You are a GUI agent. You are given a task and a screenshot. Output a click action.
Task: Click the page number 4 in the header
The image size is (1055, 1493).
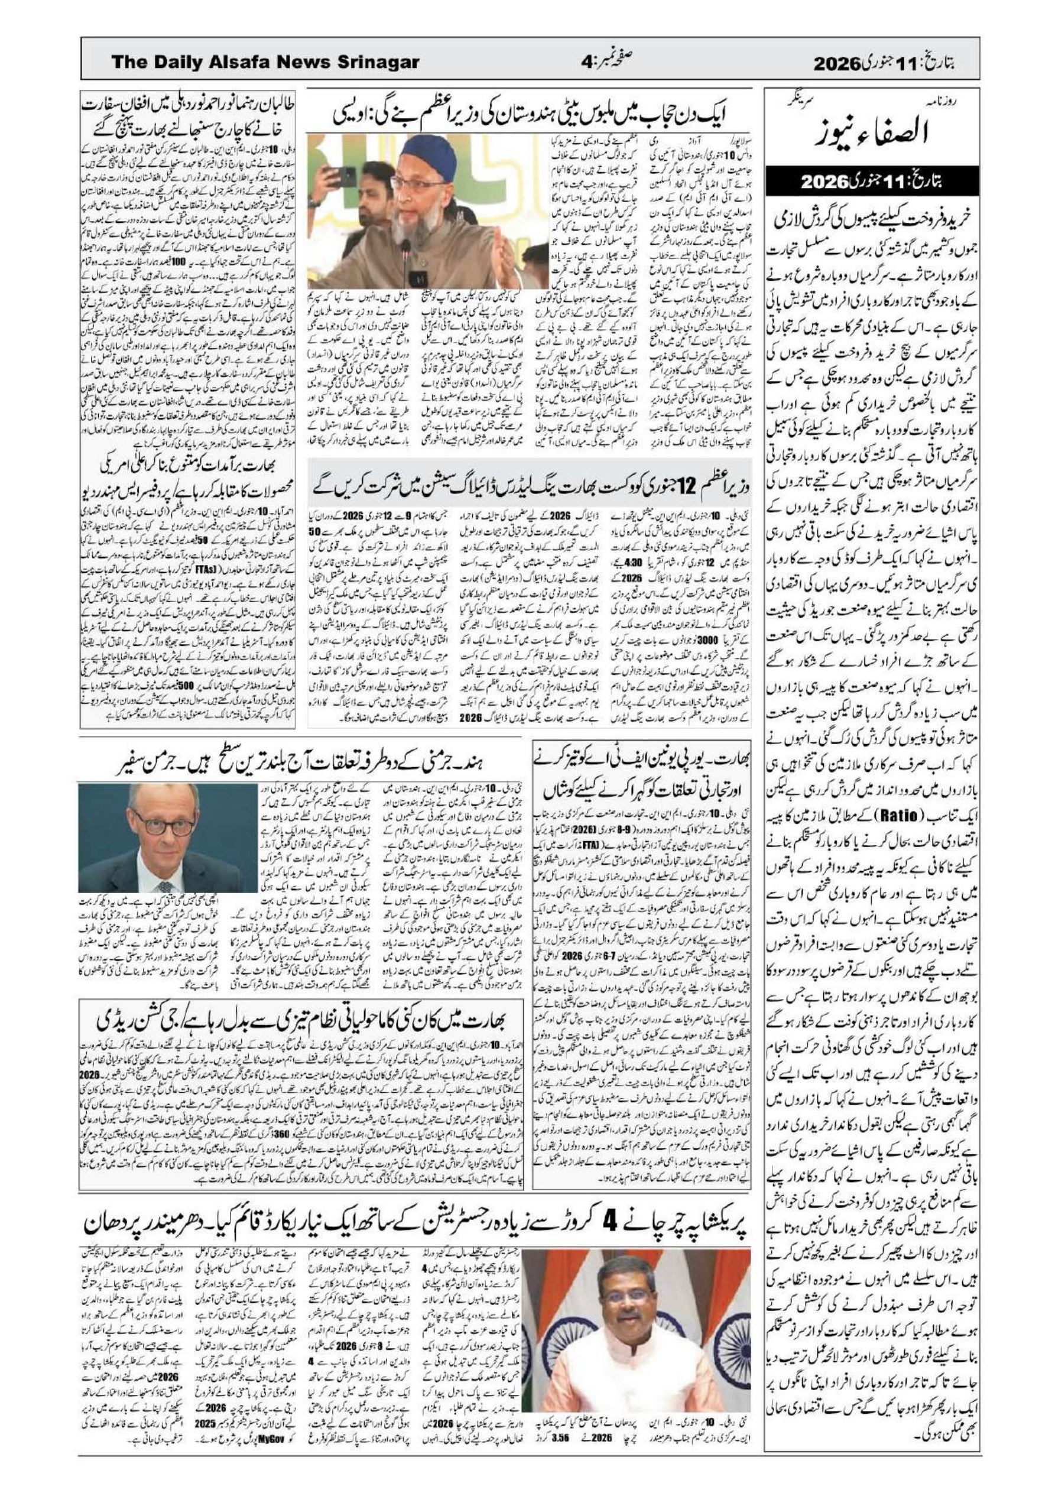[x=589, y=63]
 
